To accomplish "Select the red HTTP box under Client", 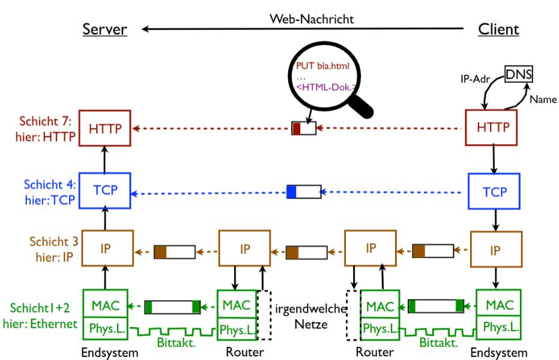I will pos(491,128).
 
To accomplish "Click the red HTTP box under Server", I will pos(105,128).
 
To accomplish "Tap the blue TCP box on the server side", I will pos(105,190).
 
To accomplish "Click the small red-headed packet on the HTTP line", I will pos(303,128).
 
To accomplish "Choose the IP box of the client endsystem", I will pos(495,249).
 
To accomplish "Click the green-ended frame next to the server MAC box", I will pos(172,307).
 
